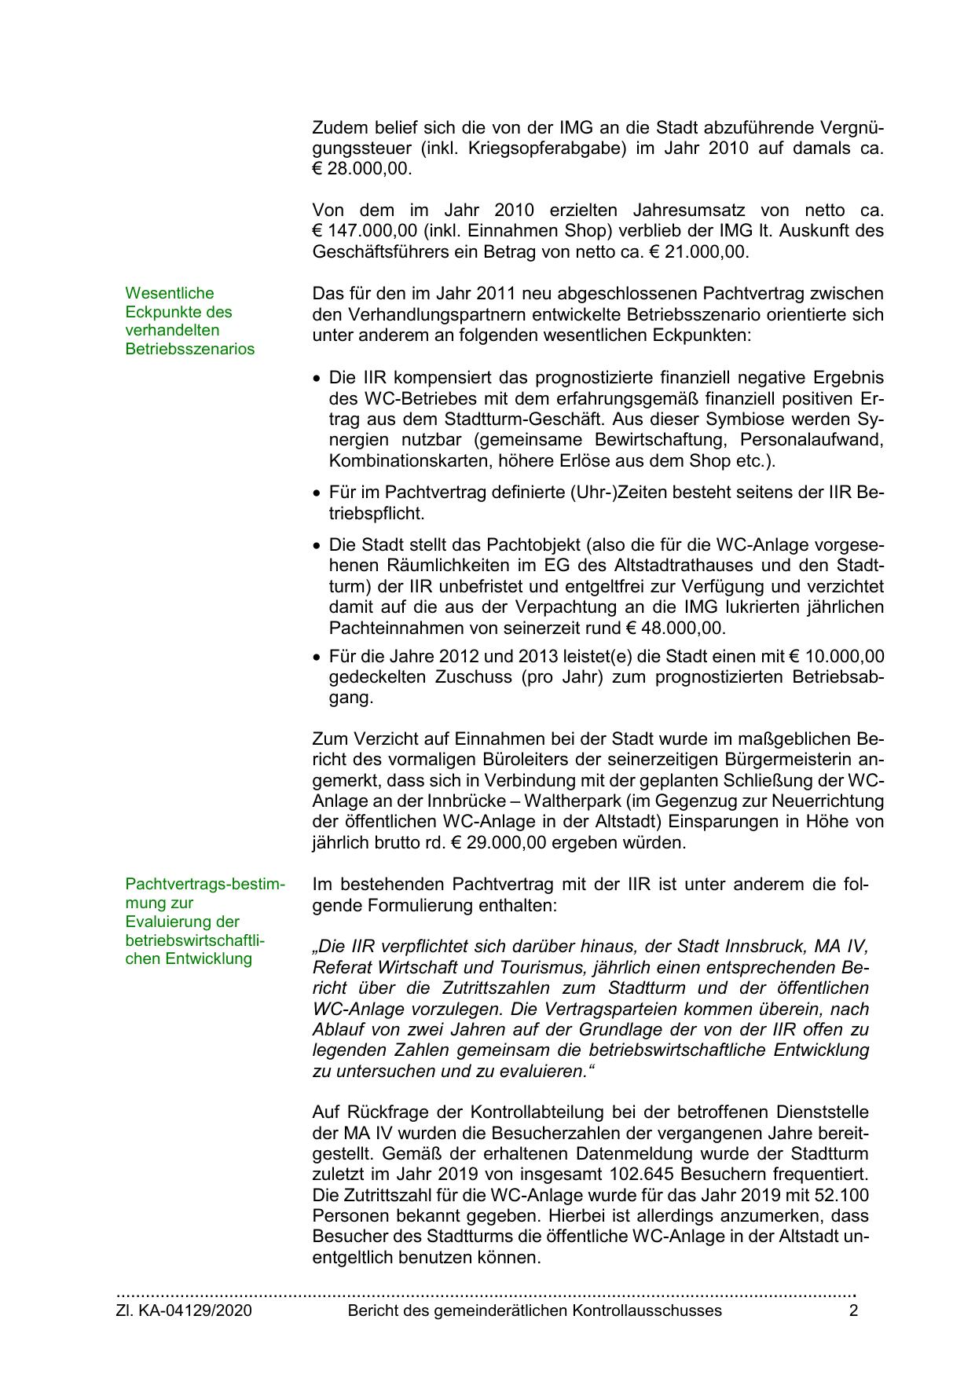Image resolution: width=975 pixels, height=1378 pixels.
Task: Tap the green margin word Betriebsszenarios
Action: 190,349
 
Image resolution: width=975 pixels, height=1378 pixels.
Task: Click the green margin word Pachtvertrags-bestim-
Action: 205,884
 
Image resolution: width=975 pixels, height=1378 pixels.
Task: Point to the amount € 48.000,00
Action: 675,629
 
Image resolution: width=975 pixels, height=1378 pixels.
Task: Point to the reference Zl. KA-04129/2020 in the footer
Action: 184,1310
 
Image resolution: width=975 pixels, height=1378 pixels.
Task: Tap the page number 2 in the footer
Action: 854,1310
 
